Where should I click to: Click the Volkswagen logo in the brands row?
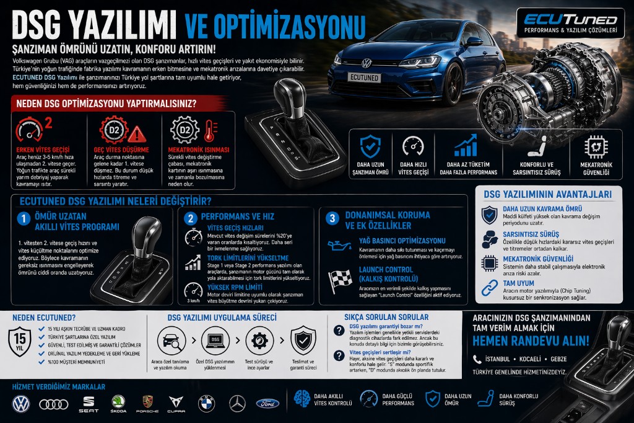(x=21, y=404)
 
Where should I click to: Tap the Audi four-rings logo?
(x=54, y=404)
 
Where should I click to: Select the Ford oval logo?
(x=268, y=404)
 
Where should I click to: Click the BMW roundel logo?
(x=206, y=404)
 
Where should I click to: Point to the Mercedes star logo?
(x=237, y=404)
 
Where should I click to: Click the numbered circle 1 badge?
(x=24, y=218)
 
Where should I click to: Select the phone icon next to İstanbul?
(x=477, y=359)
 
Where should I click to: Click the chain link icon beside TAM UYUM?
(x=490, y=287)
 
